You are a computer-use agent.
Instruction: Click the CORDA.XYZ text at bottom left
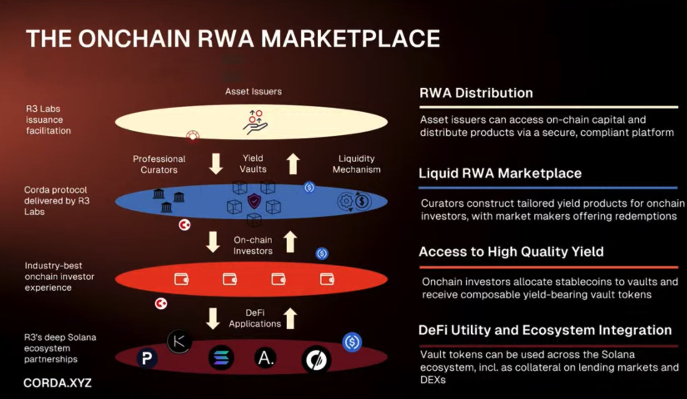pos(57,383)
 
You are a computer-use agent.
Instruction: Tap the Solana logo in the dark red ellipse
pos(221,358)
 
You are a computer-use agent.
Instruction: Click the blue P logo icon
pos(147,358)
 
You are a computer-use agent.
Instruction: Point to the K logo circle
pos(179,342)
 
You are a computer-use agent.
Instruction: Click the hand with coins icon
pos(255,122)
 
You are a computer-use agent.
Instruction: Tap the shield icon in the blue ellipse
pos(254,201)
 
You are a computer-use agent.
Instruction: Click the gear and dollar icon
pos(353,201)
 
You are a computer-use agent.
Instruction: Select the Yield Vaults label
pos(253,164)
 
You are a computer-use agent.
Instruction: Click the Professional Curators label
pos(159,164)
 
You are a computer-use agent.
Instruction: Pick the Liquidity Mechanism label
pos(356,164)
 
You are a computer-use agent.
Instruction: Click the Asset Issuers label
pos(253,92)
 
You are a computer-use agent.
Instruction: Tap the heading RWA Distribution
pos(476,93)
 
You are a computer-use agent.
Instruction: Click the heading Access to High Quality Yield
pos(511,252)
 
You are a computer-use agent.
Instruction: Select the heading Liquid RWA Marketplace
pos(500,173)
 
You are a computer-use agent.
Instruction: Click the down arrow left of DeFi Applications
pos(213,318)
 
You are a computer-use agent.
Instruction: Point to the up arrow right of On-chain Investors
pos(290,242)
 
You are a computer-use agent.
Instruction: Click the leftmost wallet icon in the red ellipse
pos(181,279)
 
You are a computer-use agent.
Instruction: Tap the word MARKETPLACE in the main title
pos(350,39)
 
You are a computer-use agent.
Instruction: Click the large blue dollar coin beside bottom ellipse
pos(352,342)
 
